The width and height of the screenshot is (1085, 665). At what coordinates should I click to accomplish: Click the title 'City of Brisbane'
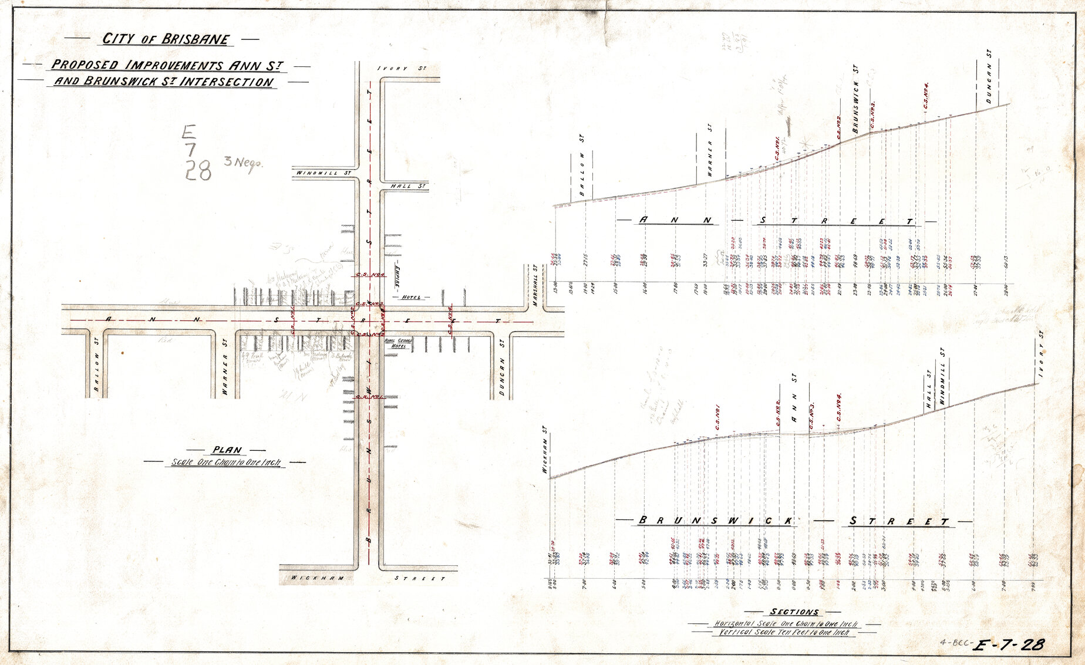(x=166, y=39)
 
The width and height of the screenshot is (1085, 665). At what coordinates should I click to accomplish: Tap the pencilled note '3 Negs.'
(x=243, y=163)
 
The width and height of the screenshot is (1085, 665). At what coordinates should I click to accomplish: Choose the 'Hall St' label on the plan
(x=407, y=186)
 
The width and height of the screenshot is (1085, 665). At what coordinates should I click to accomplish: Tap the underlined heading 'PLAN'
(x=227, y=450)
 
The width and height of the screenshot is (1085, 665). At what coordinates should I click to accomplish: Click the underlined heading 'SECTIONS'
(x=794, y=612)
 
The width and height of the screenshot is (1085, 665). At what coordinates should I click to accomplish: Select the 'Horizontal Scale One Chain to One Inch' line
(x=786, y=623)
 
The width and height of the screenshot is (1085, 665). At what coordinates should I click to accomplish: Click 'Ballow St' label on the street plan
(x=96, y=367)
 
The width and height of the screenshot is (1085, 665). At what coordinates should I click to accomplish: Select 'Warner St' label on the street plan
(x=225, y=367)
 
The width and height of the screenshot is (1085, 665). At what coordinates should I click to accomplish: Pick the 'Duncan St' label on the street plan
(x=502, y=367)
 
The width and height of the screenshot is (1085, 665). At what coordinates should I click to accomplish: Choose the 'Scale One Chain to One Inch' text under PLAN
(x=226, y=463)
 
